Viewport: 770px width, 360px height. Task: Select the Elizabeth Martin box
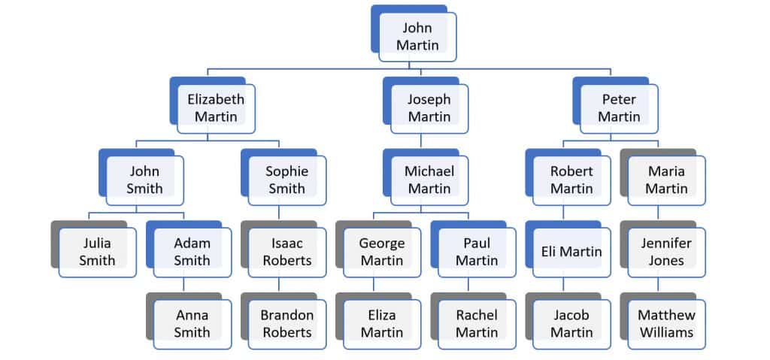[x=216, y=108]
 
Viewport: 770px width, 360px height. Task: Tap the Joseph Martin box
[x=429, y=108]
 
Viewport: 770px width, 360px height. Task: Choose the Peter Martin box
[x=619, y=108]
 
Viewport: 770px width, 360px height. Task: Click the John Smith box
[x=144, y=180]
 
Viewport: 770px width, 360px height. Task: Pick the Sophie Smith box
[x=287, y=180]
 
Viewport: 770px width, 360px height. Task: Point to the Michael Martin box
[x=429, y=180]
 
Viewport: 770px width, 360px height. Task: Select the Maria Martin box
[x=666, y=180]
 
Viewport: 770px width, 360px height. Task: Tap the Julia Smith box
[x=98, y=253]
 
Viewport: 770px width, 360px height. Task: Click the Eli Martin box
[x=571, y=253]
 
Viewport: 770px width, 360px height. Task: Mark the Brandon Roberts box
[x=287, y=324]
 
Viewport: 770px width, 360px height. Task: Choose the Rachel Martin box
[x=477, y=324]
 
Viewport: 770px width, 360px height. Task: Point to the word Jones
[x=666, y=261]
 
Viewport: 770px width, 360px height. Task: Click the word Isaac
[x=287, y=244]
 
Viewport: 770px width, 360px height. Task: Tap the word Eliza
[x=381, y=316]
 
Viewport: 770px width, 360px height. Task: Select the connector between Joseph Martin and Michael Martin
[x=420, y=141]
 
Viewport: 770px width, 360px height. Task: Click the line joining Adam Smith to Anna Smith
[x=183, y=285]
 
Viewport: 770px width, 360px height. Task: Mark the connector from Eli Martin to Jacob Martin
[x=563, y=285]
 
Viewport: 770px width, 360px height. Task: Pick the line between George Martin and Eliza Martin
[x=374, y=285]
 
